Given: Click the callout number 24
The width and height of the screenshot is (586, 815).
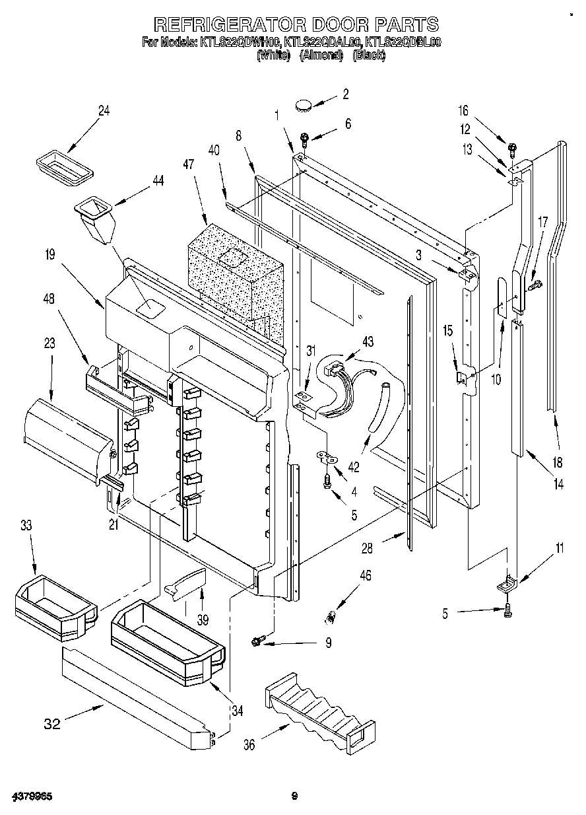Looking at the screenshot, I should [104, 111].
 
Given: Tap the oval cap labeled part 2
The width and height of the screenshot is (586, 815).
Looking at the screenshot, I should [304, 103].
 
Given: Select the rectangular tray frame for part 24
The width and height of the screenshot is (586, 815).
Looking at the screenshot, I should [63, 164].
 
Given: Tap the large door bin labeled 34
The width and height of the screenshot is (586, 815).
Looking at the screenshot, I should [167, 640].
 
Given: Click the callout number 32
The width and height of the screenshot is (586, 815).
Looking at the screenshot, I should [52, 724].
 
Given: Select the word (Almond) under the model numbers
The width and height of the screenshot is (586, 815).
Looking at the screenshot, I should [321, 55].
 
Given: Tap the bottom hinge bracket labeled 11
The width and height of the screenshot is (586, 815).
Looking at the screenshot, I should [507, 583].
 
